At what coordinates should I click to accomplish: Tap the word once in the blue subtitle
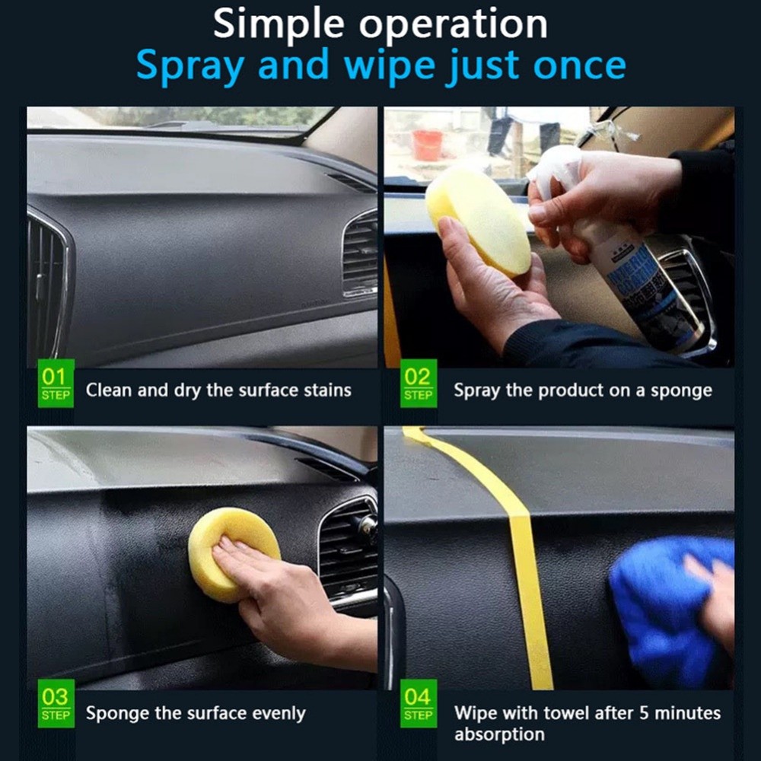(x=578, y=66)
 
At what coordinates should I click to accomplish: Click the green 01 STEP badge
(x=56, y=383)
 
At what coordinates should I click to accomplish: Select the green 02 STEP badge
(x=418, y=383)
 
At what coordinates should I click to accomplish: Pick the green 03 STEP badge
(x=56, y=703)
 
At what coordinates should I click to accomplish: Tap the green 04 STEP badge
(x=418, y=703)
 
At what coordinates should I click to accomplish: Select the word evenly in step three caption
(x=274, y=714)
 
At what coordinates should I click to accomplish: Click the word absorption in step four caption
(x=499, y=735)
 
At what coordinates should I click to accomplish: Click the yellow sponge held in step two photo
(x=478, y=221)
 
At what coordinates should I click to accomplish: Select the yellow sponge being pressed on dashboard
(x=232, y=552)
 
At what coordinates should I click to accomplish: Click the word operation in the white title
(x=453, y=26)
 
